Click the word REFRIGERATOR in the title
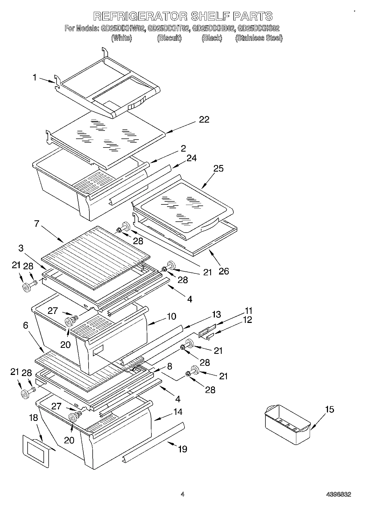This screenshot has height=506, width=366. pyautogui.click(x=140, y=16)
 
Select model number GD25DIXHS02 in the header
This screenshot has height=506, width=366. pyautogui.click(x=258, y=28)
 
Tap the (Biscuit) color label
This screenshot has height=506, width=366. pyautogui.click(x=169, y=38)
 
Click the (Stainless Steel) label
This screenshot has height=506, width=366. pyautogui.click(x=259, y=38)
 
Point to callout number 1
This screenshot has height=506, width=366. pyautogui.click(x=35, y=78)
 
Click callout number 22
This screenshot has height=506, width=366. pyautogui.click(x=204, y=120)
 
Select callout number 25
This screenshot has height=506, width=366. pyautogui.click(x=219, y=169)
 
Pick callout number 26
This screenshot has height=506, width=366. pyautogui.click(x=224, y=271)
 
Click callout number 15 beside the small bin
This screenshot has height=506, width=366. pyautogui.click(x=329, y=410)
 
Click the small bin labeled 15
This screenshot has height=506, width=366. pyautogui.click(x=287, y=424)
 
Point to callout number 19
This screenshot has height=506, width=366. pyautogui.click(x=182, y=449)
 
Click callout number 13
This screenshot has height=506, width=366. pyautogui.click(x=216, y=314)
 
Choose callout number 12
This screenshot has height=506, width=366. pyautogui.click(x=247, y=320)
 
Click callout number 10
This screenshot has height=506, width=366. pyautogui.click(x=171, y=316)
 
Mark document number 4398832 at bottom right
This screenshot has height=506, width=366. pyautogui.click(x=338, y=494)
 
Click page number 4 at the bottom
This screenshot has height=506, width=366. pyautogui.click(x=182, y=494)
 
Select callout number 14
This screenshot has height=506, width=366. pyautogui.click(x=178, y=412)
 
